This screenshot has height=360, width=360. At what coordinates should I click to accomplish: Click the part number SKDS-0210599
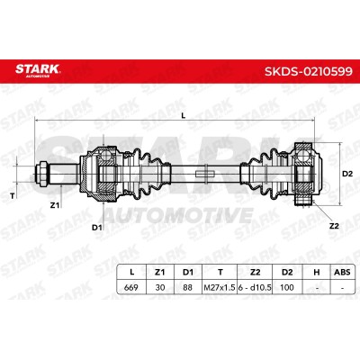tap(308, 72)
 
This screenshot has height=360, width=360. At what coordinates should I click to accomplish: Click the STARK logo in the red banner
tap(38, 70)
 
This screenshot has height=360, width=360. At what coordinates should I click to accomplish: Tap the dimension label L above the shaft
tap(184, 115)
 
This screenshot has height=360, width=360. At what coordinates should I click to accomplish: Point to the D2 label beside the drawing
tap(347, 174)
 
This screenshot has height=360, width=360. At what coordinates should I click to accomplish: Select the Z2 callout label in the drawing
tap(334, 226)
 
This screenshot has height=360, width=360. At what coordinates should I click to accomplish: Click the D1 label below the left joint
tap(96, 228)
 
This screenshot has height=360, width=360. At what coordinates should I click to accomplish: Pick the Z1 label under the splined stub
tap(54, 205)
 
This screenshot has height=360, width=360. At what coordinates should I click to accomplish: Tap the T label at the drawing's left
tap(13, 196)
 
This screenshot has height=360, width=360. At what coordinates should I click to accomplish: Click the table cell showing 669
tap(131, 287)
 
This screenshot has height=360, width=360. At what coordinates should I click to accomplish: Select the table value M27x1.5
tap(220, 287)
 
